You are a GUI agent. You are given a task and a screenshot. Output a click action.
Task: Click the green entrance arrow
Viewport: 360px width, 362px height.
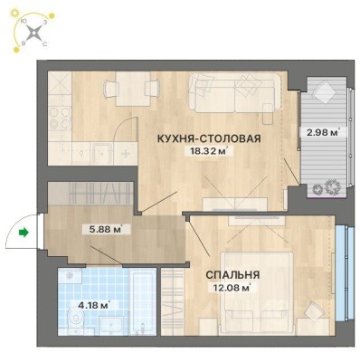point(24,233)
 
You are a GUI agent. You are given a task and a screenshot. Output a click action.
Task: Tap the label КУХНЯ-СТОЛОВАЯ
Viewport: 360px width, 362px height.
point(209,138)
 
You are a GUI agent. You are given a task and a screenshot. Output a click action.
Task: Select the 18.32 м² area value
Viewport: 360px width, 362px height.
point(208,151)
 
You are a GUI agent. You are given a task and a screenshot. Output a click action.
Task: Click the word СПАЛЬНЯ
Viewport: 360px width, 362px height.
point(232,275)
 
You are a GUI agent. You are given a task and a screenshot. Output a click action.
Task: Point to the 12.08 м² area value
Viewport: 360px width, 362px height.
point(232,288)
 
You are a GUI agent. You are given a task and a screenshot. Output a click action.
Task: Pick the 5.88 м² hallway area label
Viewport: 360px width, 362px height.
point(106,230)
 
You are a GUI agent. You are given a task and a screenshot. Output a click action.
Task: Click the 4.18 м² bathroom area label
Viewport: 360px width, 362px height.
point(93,305)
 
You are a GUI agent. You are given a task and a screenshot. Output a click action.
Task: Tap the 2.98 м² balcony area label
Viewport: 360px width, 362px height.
point(323,132)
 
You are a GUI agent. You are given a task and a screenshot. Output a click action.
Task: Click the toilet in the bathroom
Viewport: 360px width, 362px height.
point(76,320)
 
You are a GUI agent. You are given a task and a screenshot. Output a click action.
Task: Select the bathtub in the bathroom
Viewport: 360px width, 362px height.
point(142,301)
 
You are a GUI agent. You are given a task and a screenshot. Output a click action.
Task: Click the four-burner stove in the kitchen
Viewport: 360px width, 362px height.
point(60,119)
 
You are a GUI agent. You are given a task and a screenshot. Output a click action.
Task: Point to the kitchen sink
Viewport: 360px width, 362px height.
point(102,153)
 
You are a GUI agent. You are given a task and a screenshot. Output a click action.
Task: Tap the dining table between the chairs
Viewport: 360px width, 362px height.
point(133,89)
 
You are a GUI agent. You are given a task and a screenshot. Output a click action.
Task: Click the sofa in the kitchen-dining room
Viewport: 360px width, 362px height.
point(235,92)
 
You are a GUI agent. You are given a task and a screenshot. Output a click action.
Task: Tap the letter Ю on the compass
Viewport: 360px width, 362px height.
point(23,21)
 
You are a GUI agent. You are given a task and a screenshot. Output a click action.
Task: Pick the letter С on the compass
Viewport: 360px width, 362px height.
point(45,44)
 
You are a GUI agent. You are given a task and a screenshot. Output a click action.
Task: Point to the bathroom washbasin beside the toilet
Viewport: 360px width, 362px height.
point(110,326)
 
